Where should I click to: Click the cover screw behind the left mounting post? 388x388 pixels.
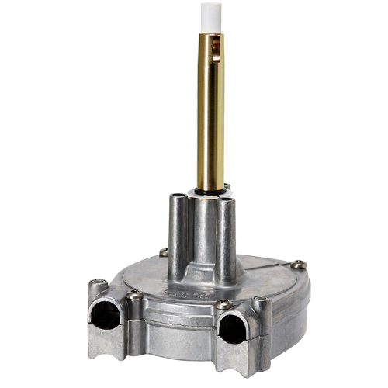tap(163, 252)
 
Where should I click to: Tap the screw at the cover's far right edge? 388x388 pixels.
tap(299, 265)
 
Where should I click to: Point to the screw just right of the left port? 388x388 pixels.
tap(135, 295)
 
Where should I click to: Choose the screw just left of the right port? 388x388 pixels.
tap(223, 303)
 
